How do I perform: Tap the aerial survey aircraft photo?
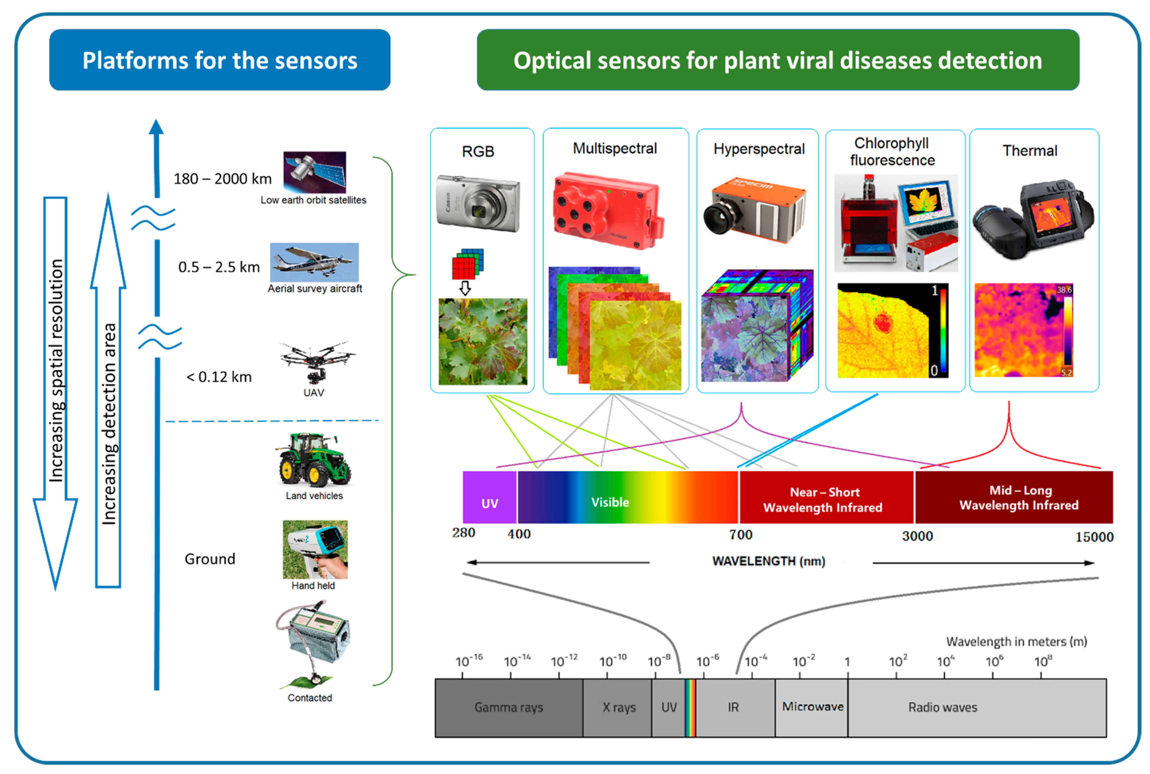point(315,262)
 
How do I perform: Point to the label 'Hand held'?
point(313,585)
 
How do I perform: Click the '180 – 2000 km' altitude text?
point(222,179)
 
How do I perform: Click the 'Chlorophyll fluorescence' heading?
point(892,152)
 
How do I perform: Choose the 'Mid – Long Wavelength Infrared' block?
point(1018,498)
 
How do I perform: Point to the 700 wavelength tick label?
point(741,535)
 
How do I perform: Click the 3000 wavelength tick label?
point(917,536)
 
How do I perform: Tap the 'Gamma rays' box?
point(509,707)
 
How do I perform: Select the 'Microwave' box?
point(812,707)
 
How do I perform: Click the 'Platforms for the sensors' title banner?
point(220,60)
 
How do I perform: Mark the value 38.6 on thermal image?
point(1064,290)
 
